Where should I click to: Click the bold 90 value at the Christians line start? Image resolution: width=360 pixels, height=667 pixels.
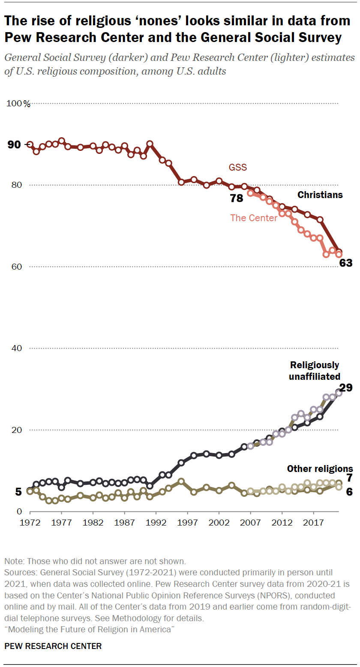click(14, 145)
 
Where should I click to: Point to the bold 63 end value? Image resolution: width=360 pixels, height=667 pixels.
click(345, 263)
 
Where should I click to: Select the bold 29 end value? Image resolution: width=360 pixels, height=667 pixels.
click(346, 388)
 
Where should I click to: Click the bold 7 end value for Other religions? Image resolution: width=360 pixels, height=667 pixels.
click(349, 478)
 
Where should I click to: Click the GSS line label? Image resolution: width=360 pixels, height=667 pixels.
click(238, 167)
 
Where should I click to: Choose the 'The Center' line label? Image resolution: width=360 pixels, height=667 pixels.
click(254, 218)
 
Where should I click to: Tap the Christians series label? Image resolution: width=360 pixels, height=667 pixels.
click(320, 195)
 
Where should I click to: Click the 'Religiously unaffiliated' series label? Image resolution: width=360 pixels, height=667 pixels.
click(315, 371)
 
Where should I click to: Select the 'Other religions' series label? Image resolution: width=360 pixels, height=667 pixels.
click(320, 469)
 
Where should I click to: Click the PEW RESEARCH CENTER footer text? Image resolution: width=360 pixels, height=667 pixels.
click(53, 646)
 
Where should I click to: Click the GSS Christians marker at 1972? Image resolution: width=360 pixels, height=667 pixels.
click(30, 144)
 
